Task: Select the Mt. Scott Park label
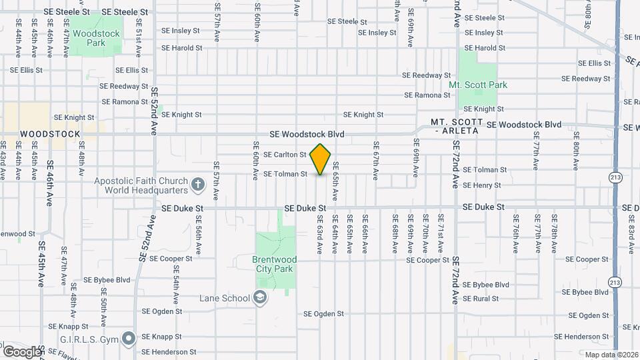pyautogui.click(x=477, y=85)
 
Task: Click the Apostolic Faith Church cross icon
pyautogui.click(x=198, y=184)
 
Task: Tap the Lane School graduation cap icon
pyautogui.click(x=261, y=298)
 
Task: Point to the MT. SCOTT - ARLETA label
pyautogui.click(x=456, y=127)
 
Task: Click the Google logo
pyautogui.click(x=22, y=351)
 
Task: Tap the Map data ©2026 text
pyautogui.click(x=611, y=355)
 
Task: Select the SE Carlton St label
pyautogui.click(x=285, y=155)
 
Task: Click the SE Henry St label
pyautogui.click(x=481, y=185)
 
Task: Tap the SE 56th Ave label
pyautogui.click(x=199, y=239)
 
